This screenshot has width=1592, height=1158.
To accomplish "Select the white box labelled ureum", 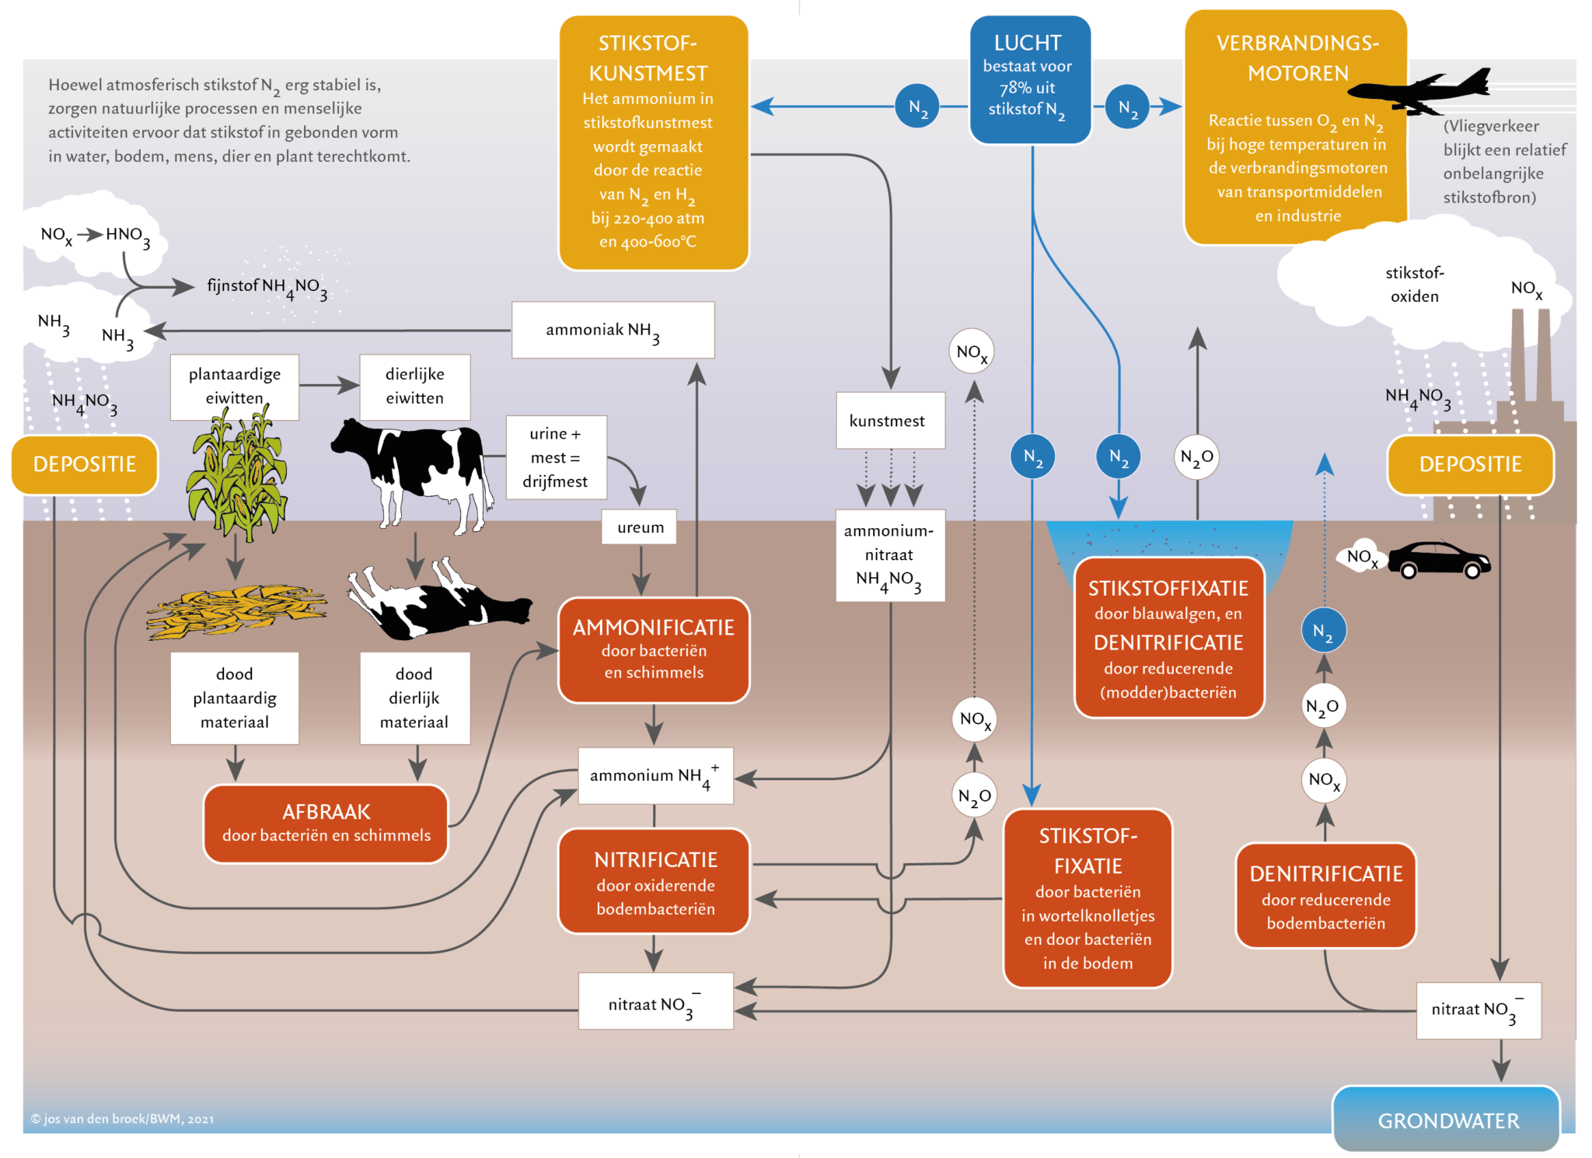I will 640,527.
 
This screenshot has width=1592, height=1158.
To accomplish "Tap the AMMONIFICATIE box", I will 654,649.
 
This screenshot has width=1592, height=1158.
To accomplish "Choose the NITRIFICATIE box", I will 654,881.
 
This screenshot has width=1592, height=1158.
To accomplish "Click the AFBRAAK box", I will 326,823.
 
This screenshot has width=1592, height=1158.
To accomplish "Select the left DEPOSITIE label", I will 85,464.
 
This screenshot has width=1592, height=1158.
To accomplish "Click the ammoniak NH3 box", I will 613,330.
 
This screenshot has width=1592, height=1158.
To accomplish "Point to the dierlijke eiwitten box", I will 414,387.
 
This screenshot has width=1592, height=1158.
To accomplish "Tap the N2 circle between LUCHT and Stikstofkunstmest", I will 917,107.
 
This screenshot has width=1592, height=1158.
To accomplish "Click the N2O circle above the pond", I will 1196,457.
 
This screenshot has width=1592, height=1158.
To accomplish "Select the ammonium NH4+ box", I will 655,775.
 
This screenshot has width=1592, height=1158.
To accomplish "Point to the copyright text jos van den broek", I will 122,1118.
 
